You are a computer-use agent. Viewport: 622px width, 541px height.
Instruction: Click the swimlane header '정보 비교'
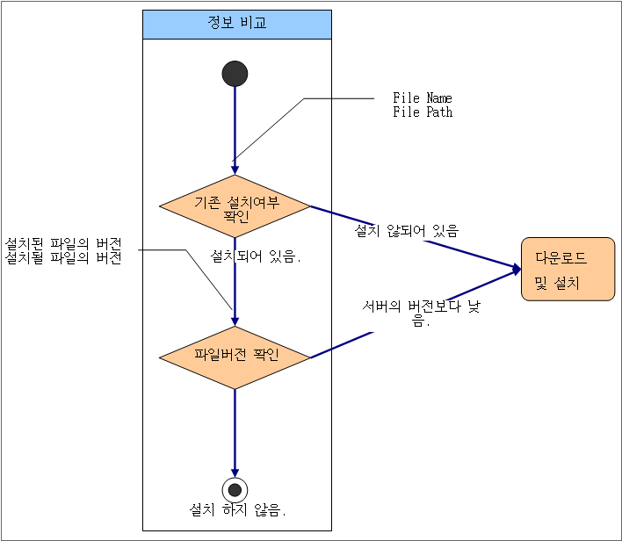click(x=237, y=25)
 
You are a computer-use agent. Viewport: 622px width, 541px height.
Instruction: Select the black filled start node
click(x=235, y=74)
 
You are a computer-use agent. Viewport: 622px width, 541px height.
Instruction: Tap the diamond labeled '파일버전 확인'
click(x=235, y=357)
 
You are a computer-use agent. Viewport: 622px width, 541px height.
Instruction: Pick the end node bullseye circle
click(x=235, y=489)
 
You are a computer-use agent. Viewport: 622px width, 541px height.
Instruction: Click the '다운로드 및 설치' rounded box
click(x=567, y=270)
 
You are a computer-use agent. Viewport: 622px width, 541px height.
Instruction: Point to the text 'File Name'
click(x=423, y=98)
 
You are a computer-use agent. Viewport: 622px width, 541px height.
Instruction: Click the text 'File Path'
click(x=423, y=112)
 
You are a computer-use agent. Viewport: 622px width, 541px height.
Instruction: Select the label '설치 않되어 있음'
click(x=406, y=231)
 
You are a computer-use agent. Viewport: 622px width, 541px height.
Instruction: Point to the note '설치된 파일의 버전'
click(x=63, y=243)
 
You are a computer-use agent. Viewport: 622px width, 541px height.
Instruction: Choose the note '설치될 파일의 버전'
click(x=63, y=258)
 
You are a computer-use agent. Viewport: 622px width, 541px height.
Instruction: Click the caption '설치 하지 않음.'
click(x=238, y=510)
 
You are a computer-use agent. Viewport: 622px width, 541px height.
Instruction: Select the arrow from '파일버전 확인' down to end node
click(x=235, y=430)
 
